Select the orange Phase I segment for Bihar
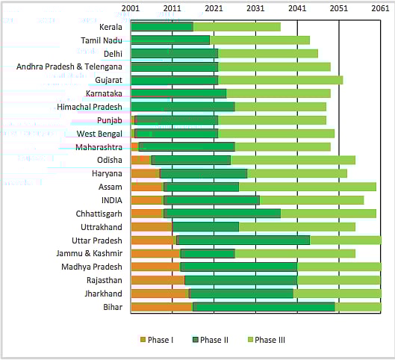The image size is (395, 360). (161, 307)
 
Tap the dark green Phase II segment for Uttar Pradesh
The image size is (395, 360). (243, 240)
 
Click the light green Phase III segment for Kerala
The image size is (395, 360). (236, 27)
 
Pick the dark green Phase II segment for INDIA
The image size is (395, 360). (211, 200)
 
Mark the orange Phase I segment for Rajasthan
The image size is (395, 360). (158, 280)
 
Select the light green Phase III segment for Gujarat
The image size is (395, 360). (280, 80)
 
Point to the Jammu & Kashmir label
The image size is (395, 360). (91, 253)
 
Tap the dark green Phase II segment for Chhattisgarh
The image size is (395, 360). (222, 213)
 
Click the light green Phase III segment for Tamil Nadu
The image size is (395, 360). (259, 40)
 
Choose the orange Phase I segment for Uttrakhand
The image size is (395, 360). (152, 226)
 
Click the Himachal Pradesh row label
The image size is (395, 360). (89, 107)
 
